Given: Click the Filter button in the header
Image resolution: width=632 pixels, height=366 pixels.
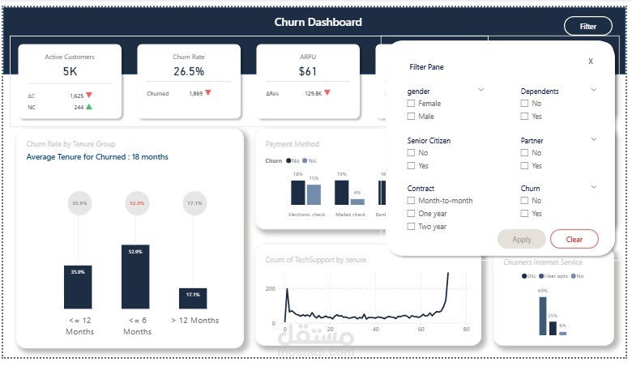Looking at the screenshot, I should [x=587, y=27].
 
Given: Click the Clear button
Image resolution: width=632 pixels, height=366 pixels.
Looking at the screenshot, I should [x=574, y=239].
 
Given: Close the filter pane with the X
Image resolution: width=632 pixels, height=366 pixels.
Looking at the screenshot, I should [x=590, y=61].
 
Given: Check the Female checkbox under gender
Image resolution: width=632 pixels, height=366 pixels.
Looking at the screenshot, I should [x=412, y=104].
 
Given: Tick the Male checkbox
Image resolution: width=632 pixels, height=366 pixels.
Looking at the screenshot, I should [x=412, y=117].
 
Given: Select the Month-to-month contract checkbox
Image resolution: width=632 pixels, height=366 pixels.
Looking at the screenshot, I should [x=412, y=200].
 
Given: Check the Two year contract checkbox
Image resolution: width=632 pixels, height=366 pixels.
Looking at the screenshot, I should [x=412, y=227].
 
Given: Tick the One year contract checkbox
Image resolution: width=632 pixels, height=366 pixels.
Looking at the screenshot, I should [x=412, y=214].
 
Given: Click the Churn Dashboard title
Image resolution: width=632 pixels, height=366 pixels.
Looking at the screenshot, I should [x=318, y=23].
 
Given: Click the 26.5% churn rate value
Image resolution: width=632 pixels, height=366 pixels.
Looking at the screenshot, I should [x=189, y=71].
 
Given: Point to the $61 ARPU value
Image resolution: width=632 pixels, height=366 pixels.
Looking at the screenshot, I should [x=308, y=71].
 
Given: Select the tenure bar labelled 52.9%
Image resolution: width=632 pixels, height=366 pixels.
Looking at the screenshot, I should [x=135, y=276].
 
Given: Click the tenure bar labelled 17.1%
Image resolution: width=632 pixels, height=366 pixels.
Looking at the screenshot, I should [x=193, y=297].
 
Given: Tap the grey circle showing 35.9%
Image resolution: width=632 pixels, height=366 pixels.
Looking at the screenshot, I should [x=78, y=203].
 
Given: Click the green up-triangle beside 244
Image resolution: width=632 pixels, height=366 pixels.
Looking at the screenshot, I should [x=89, y=106].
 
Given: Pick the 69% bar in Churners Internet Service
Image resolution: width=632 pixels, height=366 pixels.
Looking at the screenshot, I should [x=543, y=316].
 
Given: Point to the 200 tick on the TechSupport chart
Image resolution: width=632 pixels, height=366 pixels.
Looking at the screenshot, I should [x=271, y=289].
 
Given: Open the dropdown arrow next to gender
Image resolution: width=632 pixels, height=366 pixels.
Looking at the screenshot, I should [x=480, y=90].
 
